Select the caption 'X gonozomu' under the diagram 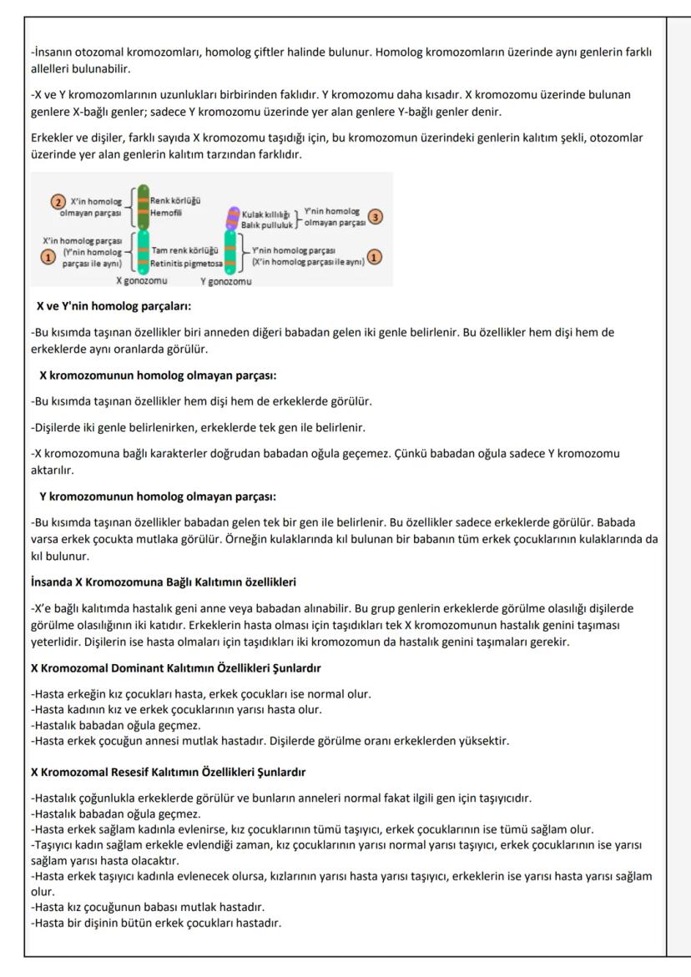pos(141,281)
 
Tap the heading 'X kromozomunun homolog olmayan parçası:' pos(158,375)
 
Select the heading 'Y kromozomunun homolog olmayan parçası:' pos(158,496)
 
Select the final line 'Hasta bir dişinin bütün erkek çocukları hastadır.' pos(154,920)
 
